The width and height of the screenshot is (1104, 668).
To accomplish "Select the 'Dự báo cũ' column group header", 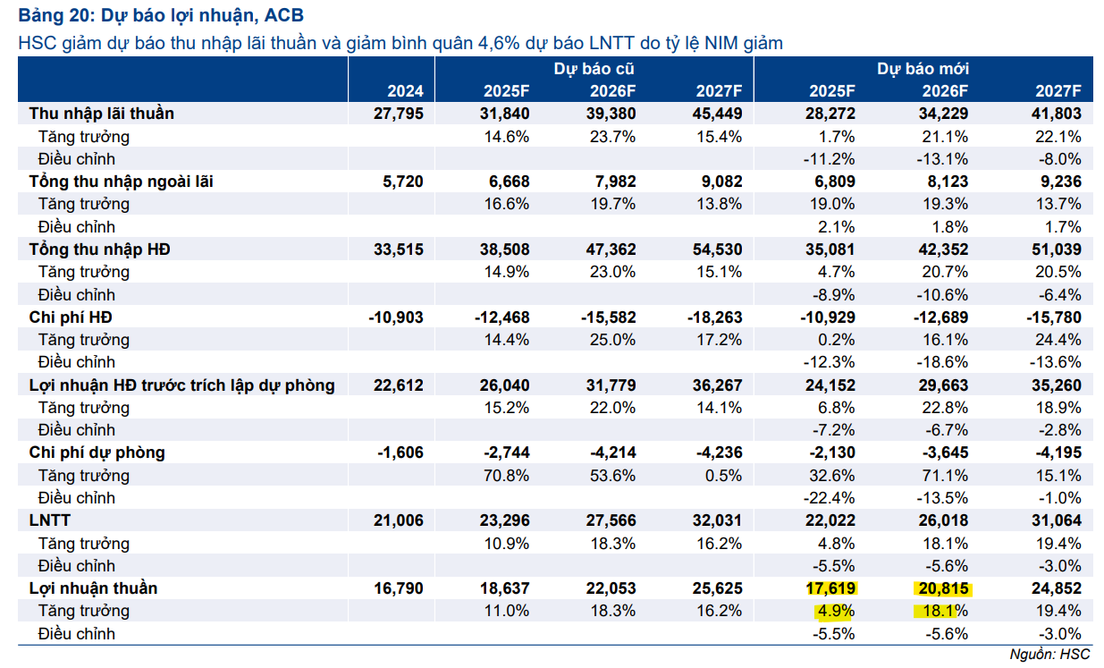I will tap(594, 69).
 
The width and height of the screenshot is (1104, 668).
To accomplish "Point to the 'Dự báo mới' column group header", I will tap(923, 69).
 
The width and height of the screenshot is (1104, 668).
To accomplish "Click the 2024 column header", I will tap(405, 91).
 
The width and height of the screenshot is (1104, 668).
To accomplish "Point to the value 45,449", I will tap(717, 114).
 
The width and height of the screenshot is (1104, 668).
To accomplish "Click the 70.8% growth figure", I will tap(506, 475).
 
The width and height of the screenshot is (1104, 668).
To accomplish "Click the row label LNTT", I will tap(48, 520).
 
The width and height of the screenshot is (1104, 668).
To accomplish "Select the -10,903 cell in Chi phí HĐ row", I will tap(396, 317).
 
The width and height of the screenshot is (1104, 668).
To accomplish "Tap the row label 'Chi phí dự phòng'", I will tap(97, 452).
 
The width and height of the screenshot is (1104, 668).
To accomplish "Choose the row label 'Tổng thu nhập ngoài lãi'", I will tap(121, 182).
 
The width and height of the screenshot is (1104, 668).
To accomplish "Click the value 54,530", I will tap(717, 249).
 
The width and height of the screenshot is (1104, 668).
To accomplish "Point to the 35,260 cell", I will tap(1056, 385).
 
